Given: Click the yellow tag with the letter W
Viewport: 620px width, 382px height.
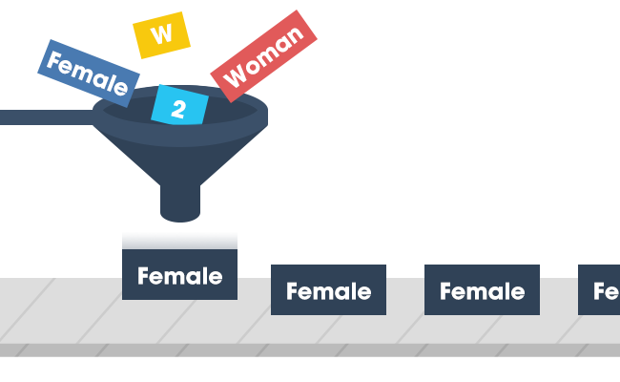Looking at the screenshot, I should pyautogui.click(x=162, y=34).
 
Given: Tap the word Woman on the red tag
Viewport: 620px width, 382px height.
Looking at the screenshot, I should pyautogui.click(x=263, y=55).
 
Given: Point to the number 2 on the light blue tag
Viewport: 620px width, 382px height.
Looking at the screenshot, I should pyautogui.click(x=178, y=109).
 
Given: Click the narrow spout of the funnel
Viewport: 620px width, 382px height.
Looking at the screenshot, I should pyautogui.click(x=180, y=202).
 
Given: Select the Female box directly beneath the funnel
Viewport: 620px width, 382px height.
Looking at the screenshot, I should pyautogui.click(x=179, y=263).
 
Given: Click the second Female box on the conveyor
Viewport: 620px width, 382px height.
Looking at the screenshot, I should pyautogui.click(x=328, y=288).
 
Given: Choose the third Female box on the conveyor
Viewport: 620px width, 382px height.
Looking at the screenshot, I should pyautogui.click(x=482, y=288).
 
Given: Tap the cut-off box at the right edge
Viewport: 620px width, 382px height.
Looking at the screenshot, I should pyautogui.click(x=600, y=288).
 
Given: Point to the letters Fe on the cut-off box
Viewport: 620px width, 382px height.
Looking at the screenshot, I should pyautogui.click(x=607, y=291).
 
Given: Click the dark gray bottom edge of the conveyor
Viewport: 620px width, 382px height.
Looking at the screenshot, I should pyautogui.click(x=310, y=350).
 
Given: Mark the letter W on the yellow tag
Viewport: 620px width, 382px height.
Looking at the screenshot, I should pyautogui.click(x=162, y=34).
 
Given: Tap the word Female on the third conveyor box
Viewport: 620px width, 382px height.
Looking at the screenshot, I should pyautogui.click(x=482, y=291).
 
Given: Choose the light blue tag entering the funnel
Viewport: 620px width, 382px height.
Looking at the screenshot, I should pyautogui.click(x=179, y=106).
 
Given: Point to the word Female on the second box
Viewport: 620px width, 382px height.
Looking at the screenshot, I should pyautogui.click(x=328, y=291).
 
